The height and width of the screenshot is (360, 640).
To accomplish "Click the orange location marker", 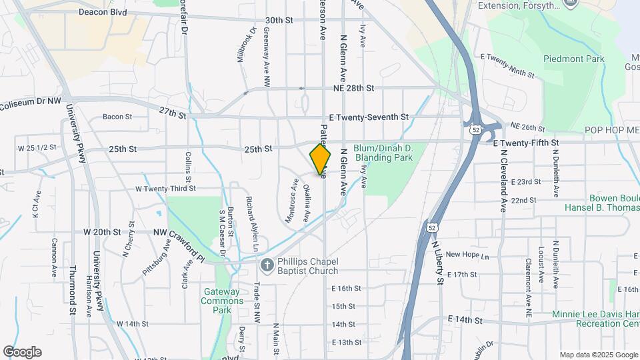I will [x=321, y=159].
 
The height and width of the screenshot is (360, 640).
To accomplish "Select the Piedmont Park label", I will [x=573, y=59].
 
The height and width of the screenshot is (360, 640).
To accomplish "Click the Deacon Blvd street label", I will [x=103, y=12].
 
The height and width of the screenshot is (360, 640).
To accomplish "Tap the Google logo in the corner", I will [x=22, y=352].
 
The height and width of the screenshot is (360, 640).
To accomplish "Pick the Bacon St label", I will [x=117, y=117].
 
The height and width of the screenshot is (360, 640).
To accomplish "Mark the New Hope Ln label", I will [x=467, y=255].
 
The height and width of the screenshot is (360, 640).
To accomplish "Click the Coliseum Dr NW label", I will [x=31, y=103].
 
